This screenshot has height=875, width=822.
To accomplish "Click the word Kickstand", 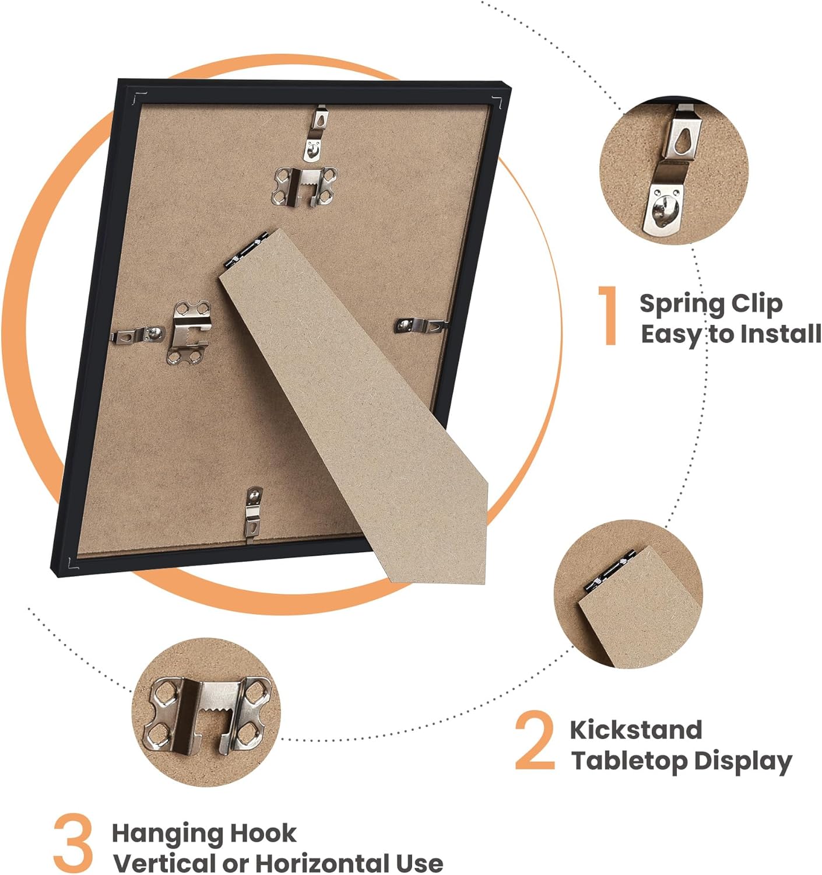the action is (635, 730).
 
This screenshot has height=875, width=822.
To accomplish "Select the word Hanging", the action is (166, 835).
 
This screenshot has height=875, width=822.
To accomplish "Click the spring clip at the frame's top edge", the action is (317, 134).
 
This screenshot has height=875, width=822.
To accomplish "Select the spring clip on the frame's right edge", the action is (421, 325).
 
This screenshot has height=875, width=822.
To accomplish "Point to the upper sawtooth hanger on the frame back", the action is (304, 186).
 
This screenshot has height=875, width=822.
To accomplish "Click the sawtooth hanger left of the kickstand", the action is (188, 332).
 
